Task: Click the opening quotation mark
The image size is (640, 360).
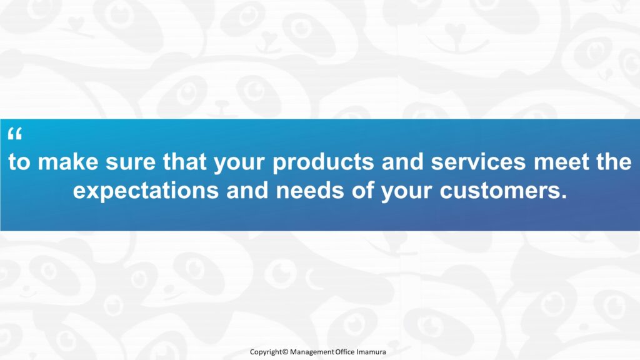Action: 15,134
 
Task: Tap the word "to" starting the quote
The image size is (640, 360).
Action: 19,162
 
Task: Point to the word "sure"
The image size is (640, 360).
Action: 131,163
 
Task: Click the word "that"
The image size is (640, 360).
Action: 185,161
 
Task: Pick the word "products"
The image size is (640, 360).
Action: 323,162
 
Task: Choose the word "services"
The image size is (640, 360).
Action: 478,162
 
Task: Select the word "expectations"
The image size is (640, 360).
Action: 146,191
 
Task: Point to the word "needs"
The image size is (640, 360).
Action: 310,190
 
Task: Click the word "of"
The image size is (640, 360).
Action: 362,190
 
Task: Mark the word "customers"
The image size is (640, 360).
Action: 503,191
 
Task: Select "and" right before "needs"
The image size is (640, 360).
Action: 247,190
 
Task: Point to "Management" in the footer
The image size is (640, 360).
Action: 312,352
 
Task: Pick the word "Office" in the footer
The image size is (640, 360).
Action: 345,351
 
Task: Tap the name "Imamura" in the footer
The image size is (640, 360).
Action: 371,351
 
